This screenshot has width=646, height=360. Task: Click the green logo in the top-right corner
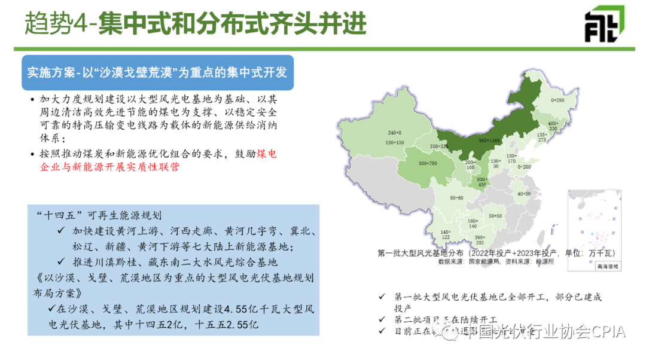(x=604, y=24)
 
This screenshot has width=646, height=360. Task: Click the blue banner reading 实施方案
(x=157, y=72)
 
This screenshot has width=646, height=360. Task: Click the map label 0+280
(x=557, y=100)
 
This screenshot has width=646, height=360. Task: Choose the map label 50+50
(x=495, y=215)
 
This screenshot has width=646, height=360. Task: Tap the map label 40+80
(x=523, y=194)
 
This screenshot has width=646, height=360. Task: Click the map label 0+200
(x=524, y=167)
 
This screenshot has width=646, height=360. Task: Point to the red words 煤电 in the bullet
(x=267, y=154)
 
